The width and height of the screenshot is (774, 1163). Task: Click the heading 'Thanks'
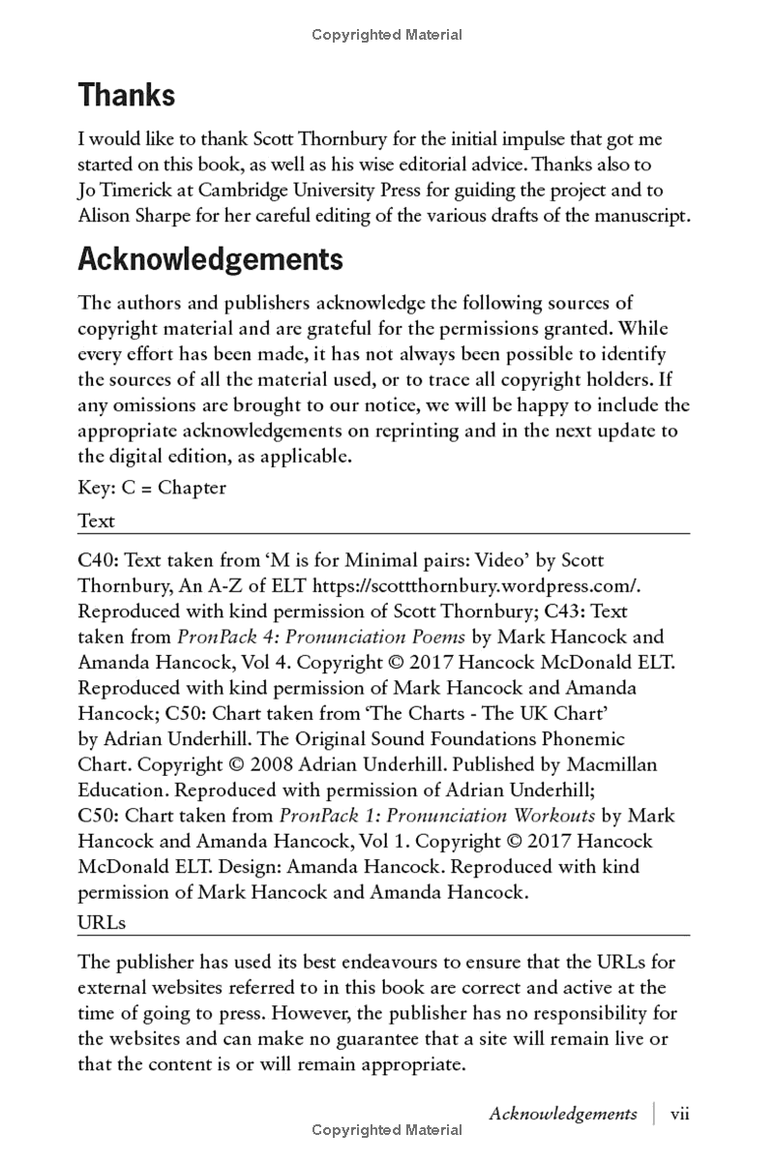127,95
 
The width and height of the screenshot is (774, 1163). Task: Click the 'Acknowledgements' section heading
210,259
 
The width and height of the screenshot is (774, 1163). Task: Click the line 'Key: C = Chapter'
152,488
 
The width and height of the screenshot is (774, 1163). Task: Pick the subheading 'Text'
96,521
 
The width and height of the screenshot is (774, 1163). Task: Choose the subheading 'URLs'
102,922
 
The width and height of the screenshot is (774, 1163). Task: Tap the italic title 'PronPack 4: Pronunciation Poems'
320,637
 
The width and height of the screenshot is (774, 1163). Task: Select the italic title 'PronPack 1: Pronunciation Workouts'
437,816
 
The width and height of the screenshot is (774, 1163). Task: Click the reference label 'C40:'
99,560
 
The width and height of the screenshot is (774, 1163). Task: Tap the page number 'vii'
679,1114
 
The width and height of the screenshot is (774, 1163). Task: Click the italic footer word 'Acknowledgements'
563,1114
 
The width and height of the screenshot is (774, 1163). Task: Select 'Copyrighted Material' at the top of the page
387,35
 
